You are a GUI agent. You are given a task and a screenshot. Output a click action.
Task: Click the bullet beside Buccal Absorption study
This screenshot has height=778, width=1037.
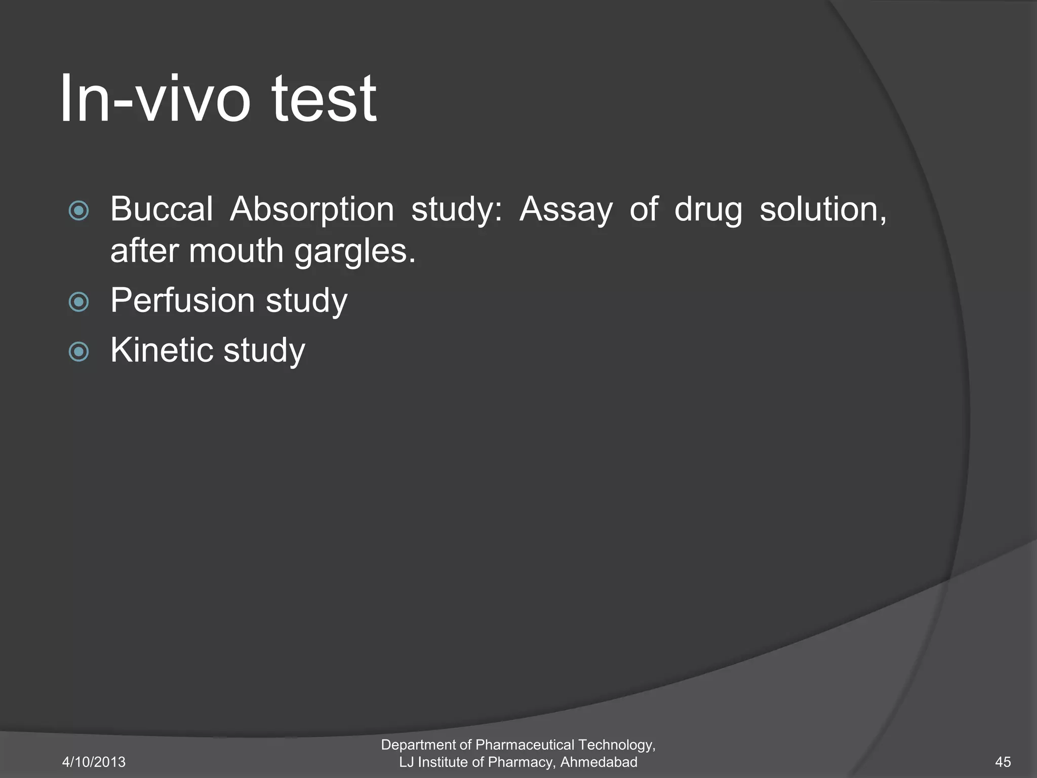78,210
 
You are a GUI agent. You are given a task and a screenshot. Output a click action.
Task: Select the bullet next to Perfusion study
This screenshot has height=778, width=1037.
78,302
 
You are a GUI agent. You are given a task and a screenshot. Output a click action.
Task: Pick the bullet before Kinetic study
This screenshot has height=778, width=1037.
78,352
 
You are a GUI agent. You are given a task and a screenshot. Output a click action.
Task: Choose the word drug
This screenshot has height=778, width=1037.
708,210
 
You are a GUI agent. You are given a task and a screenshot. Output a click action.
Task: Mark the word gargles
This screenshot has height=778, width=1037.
354,251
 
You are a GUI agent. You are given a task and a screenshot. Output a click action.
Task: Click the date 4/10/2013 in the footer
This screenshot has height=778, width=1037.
94,762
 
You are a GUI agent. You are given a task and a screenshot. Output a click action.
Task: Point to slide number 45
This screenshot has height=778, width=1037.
1003,762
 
